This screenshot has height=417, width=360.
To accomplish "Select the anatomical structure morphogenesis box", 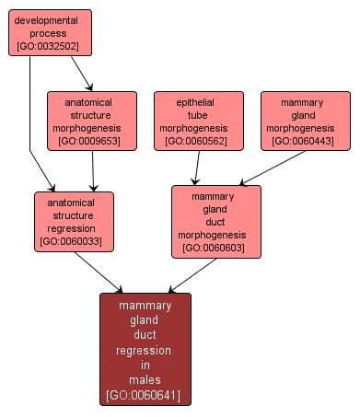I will [92, 120].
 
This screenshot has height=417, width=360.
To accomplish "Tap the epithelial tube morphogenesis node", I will [199, 120].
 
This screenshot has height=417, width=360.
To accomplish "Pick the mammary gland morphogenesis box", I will [306, 120].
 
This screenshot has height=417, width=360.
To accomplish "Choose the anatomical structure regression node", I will [74, 222].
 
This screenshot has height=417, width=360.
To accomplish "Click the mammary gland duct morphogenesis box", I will [215, 221].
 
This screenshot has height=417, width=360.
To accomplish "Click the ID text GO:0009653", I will [92, 142].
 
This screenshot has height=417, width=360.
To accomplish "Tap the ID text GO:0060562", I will [199, 142].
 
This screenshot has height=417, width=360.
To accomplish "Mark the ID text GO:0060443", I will [306, 142].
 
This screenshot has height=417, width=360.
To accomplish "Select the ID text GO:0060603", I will [215, 248].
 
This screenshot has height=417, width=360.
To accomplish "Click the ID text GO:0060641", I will [145, 395].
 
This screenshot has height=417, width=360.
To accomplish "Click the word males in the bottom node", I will [145, 379].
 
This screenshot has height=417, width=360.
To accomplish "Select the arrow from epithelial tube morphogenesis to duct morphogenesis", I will [195, 168].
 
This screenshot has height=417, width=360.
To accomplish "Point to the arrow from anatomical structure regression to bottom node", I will [98, 272].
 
